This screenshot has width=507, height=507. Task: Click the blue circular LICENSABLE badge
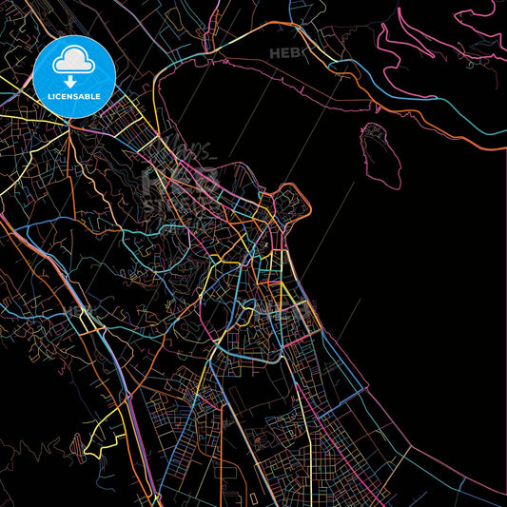[x=74, y=77]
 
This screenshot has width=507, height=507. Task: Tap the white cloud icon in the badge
[x=74, y=61]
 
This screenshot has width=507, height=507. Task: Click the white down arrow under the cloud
[x=74, y=80]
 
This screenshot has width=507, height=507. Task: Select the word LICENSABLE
[x=74, y=96]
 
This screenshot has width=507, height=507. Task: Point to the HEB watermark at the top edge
[x=284, y=54]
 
